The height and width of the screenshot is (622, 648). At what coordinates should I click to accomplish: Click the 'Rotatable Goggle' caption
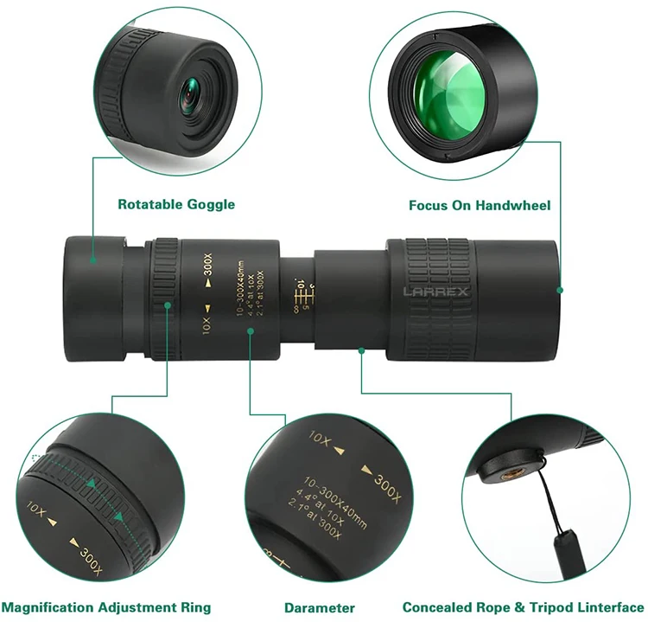[176, 205]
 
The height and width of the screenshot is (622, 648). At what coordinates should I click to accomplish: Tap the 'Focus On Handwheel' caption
[480, 206]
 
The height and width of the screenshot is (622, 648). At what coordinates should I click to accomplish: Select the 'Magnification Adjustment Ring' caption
[106, 607]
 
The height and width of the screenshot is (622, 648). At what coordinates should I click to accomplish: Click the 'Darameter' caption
[320, 608]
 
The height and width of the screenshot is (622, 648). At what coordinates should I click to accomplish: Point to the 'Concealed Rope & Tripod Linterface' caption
[523, 607]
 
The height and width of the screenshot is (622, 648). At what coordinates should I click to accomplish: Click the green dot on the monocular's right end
[560, 290]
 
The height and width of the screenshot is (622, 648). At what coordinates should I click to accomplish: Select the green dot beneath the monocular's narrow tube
[361, 349]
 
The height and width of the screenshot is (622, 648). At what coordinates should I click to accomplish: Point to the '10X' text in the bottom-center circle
[319, 439]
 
